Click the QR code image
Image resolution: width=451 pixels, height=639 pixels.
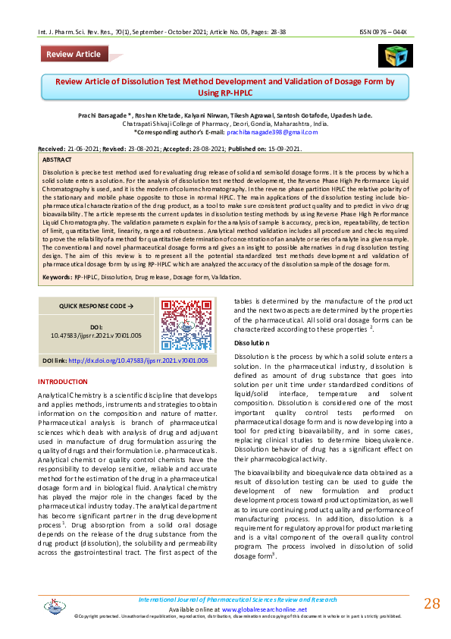click(180, 325)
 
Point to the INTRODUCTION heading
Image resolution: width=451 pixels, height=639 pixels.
click(63, 381)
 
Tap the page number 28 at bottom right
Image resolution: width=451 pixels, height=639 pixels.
click(431, 603)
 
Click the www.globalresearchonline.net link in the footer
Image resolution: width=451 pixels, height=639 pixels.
click(265, 609)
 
